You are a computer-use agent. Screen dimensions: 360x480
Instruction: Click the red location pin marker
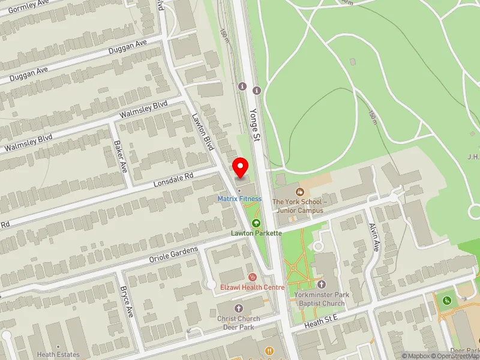pos(241,167)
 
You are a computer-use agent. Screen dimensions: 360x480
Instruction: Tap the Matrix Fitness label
pos(239,199)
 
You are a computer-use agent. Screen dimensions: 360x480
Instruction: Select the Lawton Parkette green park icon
pos(256,223)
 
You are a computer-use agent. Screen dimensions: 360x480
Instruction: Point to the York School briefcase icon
pos(299,192)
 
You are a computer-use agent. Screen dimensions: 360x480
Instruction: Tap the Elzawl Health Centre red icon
pos(252,277)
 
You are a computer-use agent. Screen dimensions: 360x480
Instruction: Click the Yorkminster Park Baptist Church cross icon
pos(321,284)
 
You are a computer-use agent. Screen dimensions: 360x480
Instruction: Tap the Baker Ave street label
pos(120,156)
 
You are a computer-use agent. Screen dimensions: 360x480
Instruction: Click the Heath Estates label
pos(58,355)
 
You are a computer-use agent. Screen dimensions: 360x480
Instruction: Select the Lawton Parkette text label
pos(256,233)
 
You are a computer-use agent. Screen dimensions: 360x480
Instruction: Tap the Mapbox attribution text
pos(416,356)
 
